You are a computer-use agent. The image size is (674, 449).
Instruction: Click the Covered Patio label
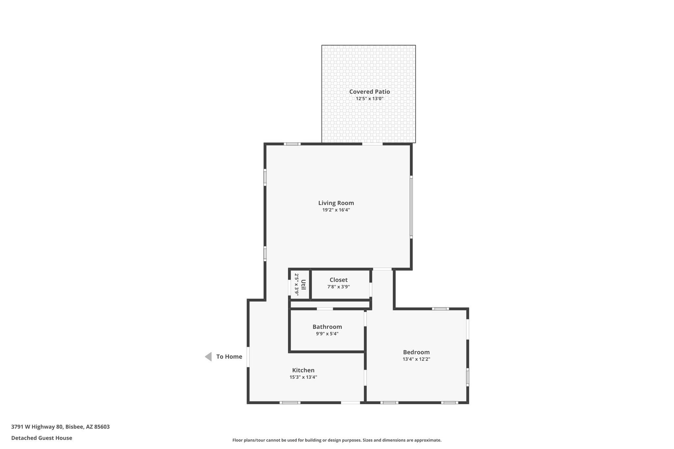click(x=369, y=92)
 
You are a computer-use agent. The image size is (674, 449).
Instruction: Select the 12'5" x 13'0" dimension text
click(x=369, y=99)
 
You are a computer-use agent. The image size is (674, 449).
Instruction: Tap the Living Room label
click(x=336, y=203)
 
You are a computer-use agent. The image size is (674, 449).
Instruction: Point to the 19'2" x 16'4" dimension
click(x=336, y=210)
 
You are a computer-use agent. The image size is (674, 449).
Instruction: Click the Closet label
click(x=338, y=280)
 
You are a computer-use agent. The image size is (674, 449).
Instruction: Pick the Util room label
click(x=303, y=285)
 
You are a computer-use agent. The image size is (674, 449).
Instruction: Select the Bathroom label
click(x=327, y=327)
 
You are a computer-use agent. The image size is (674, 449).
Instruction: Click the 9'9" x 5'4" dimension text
click(x=327, y=334)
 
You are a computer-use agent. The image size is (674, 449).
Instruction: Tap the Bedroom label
click(x=416, y=352)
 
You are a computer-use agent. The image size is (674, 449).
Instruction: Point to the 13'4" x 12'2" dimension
click(x=416, y=359)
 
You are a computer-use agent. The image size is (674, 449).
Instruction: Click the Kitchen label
click(x=303, y=370)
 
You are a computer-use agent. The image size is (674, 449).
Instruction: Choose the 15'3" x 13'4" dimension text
click(x=303, y=377)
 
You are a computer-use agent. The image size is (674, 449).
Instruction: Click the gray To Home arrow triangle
click(x=208, y=357)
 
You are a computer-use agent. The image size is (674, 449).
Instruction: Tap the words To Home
click(x=229, y=357)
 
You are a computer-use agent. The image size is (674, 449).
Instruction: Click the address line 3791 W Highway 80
click(x=60, y=427)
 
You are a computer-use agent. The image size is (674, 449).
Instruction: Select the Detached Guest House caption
click(x=41, y=438)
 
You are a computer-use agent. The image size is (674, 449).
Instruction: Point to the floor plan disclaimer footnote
click(x=337, y=440)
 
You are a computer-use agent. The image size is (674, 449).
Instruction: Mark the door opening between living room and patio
click(x=373, y=144)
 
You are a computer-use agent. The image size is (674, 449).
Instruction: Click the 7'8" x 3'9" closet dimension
click(x=338, y=287)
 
